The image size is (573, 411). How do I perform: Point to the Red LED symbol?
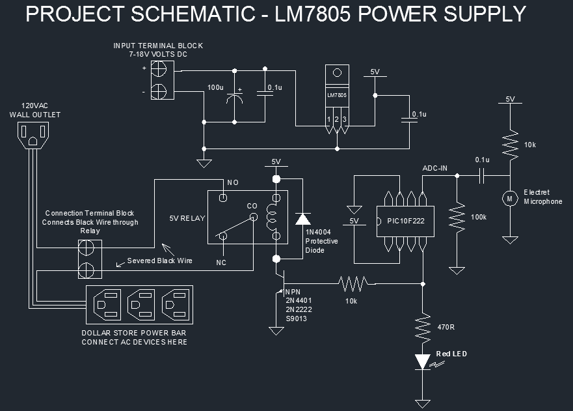tap(423, 361)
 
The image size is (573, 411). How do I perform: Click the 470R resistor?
tap(423, 327)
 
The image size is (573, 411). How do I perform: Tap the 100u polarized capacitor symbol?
tap(234, 99)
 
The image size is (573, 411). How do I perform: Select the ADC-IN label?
tap(435, 168)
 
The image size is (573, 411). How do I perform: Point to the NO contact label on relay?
tap(233, 182)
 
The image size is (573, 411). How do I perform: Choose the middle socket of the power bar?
tap(140, 305)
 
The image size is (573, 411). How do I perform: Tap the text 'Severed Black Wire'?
tap(159, 261)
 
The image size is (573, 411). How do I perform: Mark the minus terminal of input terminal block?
tap(158, 91)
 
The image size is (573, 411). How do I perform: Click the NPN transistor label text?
tap(295, 291)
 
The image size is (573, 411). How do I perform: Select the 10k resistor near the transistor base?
tap(352, 283)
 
